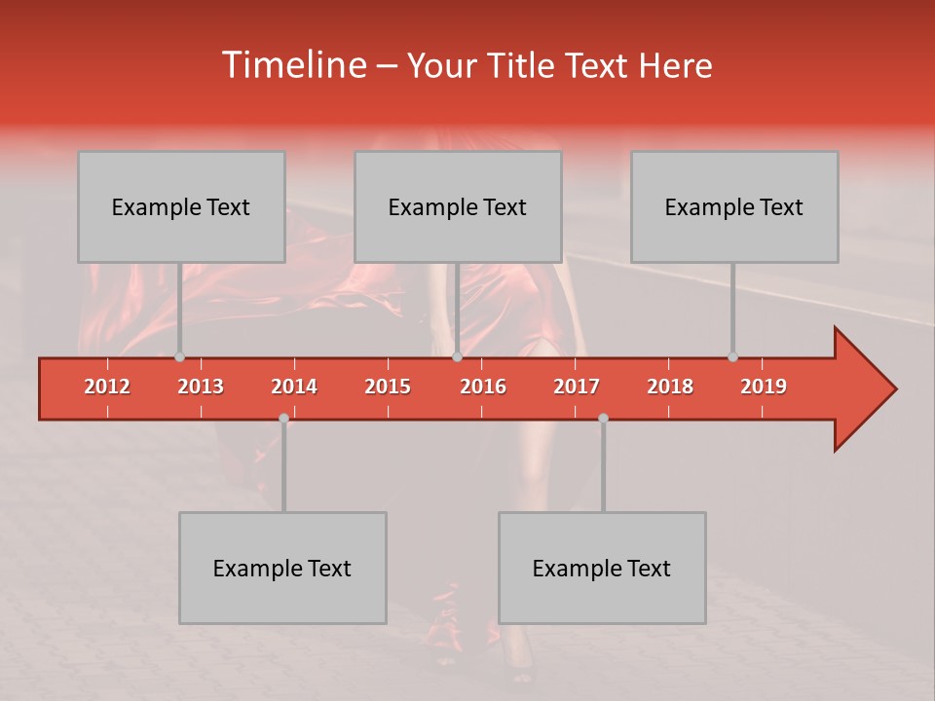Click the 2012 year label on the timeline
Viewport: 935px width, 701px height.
point(107,387)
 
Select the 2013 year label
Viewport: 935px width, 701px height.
point(201,387)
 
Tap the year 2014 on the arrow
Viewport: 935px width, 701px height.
point(294,387)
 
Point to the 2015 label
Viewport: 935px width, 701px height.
point(388,387)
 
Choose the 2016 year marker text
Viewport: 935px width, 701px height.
point(483,387)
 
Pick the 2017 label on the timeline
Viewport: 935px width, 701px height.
point(577,387)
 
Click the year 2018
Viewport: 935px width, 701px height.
point(670,387)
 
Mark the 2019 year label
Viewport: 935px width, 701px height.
point(764,387)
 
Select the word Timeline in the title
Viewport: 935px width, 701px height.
point(292,65)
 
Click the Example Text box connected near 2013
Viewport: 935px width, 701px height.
point(181,206)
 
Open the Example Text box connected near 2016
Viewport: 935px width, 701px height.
point(458,206)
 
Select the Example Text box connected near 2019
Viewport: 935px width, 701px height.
point(734,206)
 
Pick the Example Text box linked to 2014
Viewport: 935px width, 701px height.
point(282,568)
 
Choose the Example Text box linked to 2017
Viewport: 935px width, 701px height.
point(602,568)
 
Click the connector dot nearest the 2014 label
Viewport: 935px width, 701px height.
point(283,418)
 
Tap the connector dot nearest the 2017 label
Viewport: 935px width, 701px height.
point(603,418)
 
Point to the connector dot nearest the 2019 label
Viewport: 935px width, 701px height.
point(732,357)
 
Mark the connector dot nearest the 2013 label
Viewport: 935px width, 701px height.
point(179,357)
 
